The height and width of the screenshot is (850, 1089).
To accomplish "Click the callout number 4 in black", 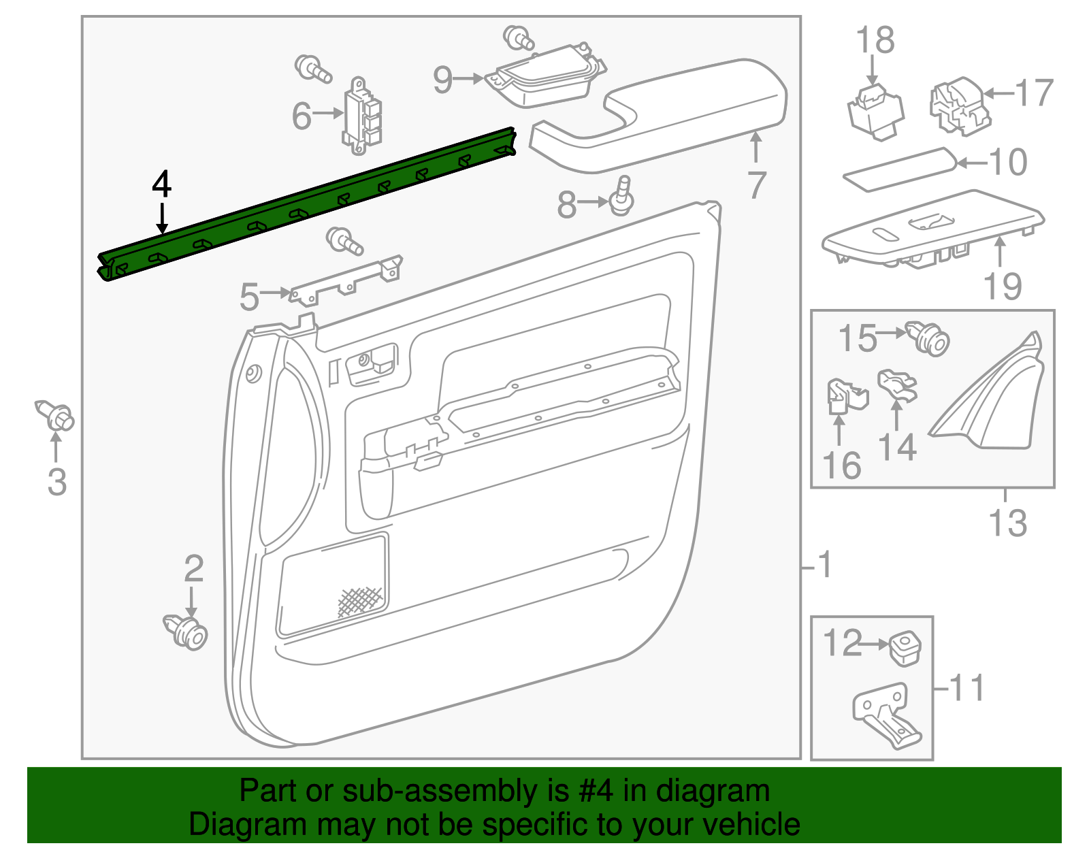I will tap(161, 184).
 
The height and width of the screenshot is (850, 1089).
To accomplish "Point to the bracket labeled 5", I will tap(347, 279).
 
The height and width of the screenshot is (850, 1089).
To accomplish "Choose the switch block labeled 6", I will tap(363, 116).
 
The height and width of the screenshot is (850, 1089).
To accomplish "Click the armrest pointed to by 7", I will tap(667, 116).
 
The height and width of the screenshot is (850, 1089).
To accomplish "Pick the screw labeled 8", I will tap(622, 197).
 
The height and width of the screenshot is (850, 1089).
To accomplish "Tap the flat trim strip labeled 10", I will tap(898, 169).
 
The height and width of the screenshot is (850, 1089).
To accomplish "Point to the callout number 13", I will tap(1007, 523).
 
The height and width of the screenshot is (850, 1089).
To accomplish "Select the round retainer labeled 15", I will tap(930, 339).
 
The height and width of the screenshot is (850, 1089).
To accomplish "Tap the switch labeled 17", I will tap(960, 105).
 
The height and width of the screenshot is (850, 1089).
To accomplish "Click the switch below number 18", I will tap(875, 112).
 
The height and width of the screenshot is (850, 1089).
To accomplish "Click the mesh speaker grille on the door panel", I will tap(361, 602).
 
